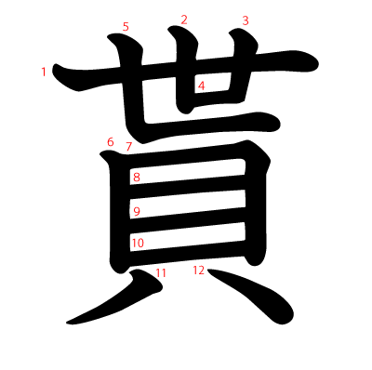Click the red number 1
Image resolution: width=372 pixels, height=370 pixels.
pyautogui.click(x=44, y=72)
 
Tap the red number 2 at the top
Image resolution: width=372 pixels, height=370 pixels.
pyautogui.click(x=184, y=20)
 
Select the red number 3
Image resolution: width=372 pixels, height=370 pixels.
pyautogui.click(x=246, y=20)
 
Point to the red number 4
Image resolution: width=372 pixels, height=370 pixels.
pyautogui.click(x=201, y=86)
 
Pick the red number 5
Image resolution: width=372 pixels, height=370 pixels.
pyautogui.click(x=126, y=27)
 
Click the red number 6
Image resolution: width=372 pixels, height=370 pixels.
pyautogui.click(x=110, y=142)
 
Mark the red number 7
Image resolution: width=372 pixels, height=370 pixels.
pyautogui.click(x=129, y=147)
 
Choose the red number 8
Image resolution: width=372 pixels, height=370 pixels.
pyautogui.click(x=137, y=178)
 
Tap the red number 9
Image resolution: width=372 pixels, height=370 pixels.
pyautogui.click(x=137, y=212)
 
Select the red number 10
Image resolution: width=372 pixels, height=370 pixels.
pyautogui.click(x=137, y=244)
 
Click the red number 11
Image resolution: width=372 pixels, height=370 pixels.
pyautogui.click(x=161, y=272)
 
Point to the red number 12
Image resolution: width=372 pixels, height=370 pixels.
pyautogui.click(x=198, y=271)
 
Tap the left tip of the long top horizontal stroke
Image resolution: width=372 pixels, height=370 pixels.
pyautogui.click(x=60, y=71)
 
